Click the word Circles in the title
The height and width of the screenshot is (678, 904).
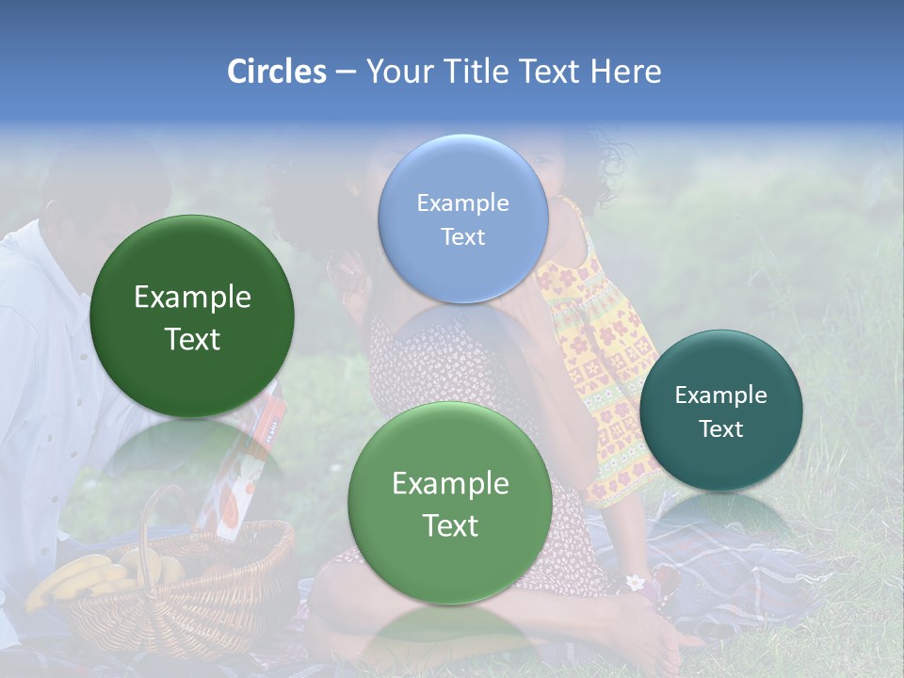(276, 72)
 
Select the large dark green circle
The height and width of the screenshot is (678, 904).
(192, 317)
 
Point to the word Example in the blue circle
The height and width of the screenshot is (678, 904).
(462, 203)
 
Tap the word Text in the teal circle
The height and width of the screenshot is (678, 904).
(721, 429)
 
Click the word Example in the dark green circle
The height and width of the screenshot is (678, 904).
(192, 298)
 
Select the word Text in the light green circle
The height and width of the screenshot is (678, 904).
(450, 525)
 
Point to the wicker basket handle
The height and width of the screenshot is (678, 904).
(151, 527)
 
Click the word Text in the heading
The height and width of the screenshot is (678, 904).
(552, 72)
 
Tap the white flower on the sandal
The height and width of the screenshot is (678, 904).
(638, 582)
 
